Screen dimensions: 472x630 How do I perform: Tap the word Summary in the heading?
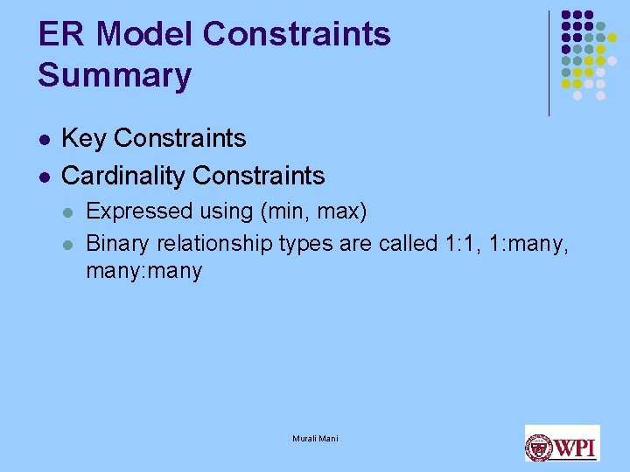pyautogui.click(x=114, y=75)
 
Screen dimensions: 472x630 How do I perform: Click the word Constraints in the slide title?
pyautogui.click(x=297, y=34)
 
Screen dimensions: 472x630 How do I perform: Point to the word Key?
pyautogui.click(x=84, y=138)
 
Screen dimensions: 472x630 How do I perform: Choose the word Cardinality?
pyautogui.click(x=123, y=176)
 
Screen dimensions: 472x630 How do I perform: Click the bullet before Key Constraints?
pyautogui.click(x=45, y=139)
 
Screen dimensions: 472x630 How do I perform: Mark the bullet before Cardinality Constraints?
pyautogui.click(x=45, y=177)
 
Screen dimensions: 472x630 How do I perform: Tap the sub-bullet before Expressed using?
pyautogui.click(x=69, y=212)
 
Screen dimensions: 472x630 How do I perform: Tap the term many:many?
pyautogui.click(x=143, y=271)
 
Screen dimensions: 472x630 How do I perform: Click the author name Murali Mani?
pyautogui.click(x=315, y=438)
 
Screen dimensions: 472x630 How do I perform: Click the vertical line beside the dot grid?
pyautogui.click(x=549, y=63)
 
